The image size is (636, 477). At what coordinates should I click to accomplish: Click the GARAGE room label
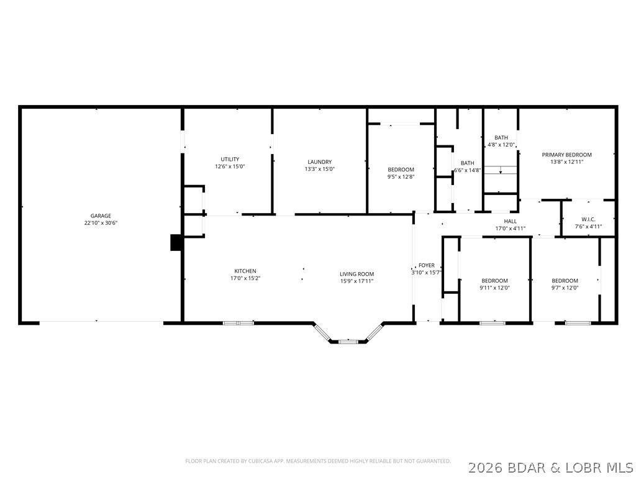[101, 216]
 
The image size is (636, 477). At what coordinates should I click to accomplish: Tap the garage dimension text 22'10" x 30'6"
[101, 223]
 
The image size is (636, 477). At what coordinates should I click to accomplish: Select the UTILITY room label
[230, 160]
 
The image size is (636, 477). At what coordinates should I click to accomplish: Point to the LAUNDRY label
[320, 162]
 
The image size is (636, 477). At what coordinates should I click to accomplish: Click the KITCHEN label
[245, 271]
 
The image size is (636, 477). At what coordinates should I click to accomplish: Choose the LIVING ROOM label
[357, 274]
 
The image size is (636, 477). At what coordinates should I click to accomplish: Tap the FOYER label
[427, 266]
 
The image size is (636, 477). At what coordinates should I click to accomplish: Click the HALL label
[511, 222]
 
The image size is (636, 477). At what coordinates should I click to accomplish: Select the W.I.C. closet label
[588, 219]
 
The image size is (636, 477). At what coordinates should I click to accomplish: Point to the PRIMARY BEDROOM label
[566, 155]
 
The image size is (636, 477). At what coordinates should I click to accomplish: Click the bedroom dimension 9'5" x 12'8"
[401, 176]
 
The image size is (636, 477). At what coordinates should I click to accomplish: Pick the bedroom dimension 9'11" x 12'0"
[494, 288]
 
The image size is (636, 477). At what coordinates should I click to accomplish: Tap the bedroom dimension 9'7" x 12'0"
[565, 288]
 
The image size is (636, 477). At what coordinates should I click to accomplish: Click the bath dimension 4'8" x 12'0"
[501, 144]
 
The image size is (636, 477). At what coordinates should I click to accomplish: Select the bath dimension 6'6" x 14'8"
[467, 170]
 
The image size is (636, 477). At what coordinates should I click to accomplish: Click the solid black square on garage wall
[176, 243]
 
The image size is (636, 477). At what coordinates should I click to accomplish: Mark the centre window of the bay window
[348, 342]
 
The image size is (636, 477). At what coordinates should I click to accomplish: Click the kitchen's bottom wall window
[238, 323]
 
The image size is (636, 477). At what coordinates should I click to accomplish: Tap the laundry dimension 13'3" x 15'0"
[320, 169]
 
